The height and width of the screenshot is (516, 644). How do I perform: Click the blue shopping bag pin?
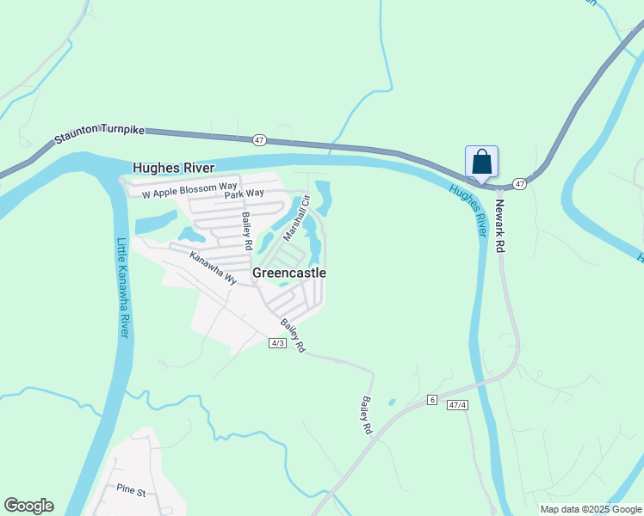point(481,161)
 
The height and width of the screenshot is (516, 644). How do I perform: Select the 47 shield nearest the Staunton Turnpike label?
point(260,139)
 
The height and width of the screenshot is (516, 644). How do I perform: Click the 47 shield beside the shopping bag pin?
point(519,184)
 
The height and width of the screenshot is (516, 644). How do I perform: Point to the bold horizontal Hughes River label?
point(173,168)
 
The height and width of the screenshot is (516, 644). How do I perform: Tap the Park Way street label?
point(244,194)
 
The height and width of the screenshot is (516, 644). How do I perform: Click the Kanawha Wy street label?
point(213,267)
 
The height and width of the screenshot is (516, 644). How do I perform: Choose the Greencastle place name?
point(289,273)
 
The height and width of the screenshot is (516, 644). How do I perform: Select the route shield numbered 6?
point(431,400)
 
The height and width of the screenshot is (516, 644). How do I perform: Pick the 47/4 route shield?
point(456,405)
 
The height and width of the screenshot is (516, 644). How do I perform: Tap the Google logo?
point(28,506)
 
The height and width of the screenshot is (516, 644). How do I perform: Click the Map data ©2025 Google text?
point(590,509)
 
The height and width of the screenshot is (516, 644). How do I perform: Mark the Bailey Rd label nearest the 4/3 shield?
point(293,335)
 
